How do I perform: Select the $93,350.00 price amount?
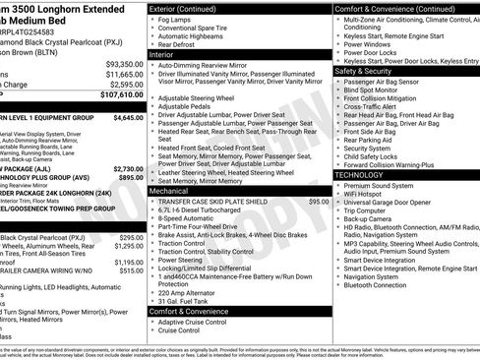123,63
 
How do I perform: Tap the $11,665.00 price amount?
123,74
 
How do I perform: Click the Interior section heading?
162,54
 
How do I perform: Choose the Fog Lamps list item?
175,19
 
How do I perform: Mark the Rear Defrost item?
177,44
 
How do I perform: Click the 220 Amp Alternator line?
191,292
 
